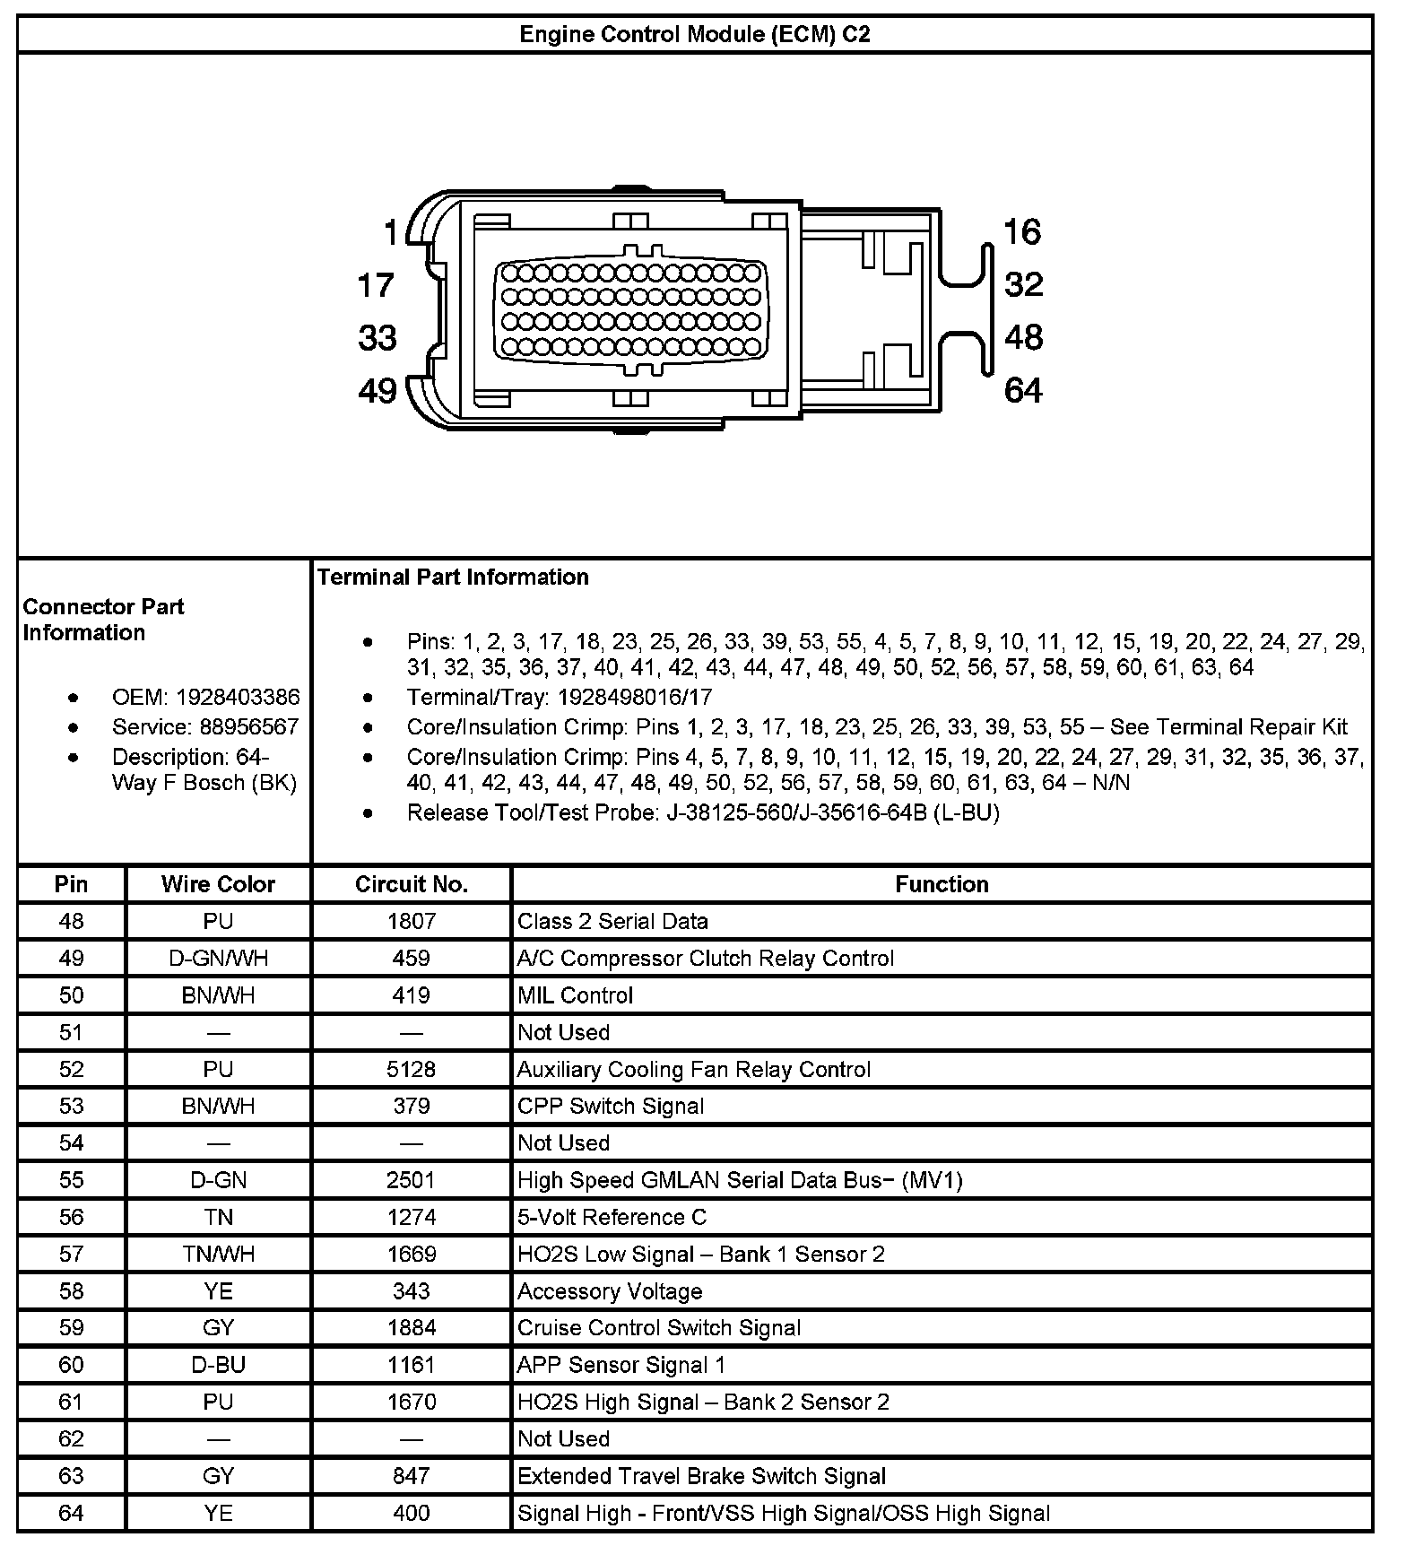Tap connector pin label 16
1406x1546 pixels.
pyautogui.click(x=1022, y=232)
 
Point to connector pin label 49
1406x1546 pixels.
pyautogui.click(x=378, y=391)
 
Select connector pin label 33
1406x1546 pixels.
pyautogui.click(x=378, y=338)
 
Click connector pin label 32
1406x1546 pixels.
pyautogui.click(x=1024, y=285)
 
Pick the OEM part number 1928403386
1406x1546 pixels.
pyautogui.click(x=238, y=697)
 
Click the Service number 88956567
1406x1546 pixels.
pyautogui.click(x=249, y=726)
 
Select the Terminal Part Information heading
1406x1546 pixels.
pyautogui.click(x=453, y=577)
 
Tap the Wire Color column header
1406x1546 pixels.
pyautogui.click(x=218, y=884)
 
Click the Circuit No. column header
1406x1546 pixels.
pyautogui.click(x=412, y=884)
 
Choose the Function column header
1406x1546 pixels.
pyautogui.click(x=942, y=884)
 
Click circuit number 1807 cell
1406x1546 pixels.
pyautogui.click(x=412, y=921)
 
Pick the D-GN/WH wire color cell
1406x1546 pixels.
pyautogui.click(x=218, y=959)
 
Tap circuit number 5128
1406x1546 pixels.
pyautogui.click(x=412, y=1069)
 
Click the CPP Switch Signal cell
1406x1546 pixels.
pyautogui.click(x=611, y=1106)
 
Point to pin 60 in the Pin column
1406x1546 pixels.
pyautogui.click(x=71, y=1365)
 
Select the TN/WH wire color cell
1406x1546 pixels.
pyautogui.click(x=218, y=1254)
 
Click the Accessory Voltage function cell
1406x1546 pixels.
pyautogui.click(x=610, y=1291)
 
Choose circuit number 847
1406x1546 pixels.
pyautogui.click(x=412, y=1476)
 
